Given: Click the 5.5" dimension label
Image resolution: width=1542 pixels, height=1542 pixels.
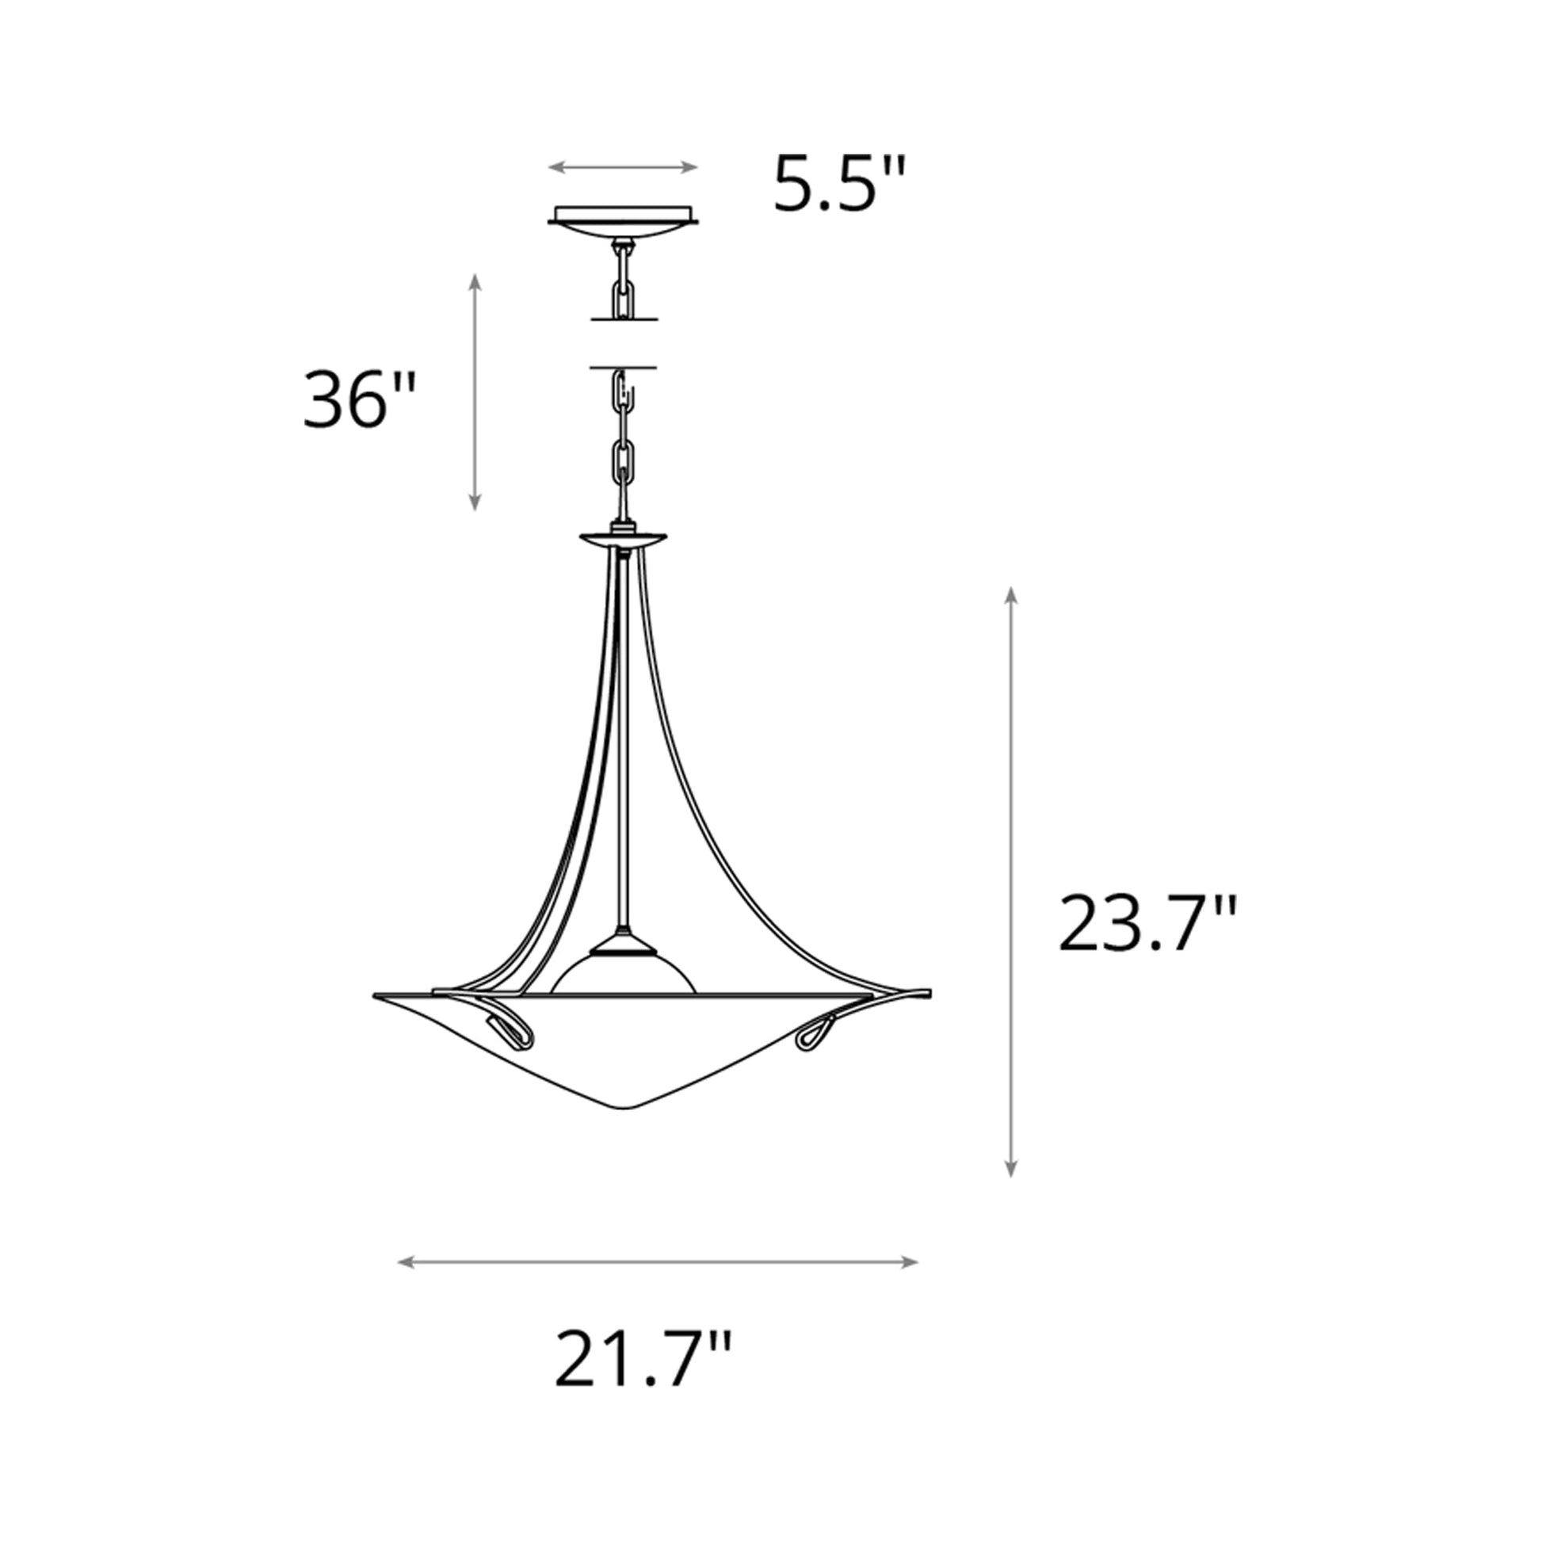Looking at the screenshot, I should pyautogui.click(x=840, y=185).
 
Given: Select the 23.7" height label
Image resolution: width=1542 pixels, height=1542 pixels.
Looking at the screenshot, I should pyautogui.click(x=1147, y=924).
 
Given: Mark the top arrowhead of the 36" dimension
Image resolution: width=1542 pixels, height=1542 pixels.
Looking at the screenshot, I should pyautogui.click(x=475, y=280).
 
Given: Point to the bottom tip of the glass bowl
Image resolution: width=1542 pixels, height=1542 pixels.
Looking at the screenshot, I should pyautogui.click(x=626, y=1107).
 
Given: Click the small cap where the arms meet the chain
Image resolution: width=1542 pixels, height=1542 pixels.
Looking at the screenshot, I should pyautogui.click(x=624, y=538).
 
